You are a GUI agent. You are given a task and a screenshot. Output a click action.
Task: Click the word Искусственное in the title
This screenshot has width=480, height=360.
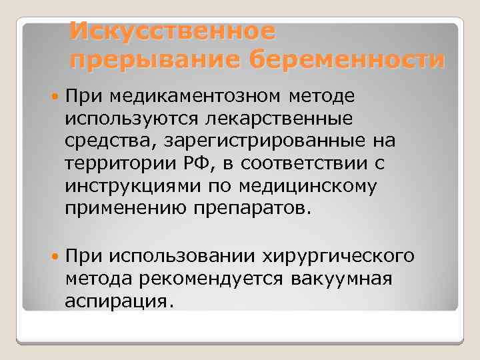[x=172, y=30]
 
